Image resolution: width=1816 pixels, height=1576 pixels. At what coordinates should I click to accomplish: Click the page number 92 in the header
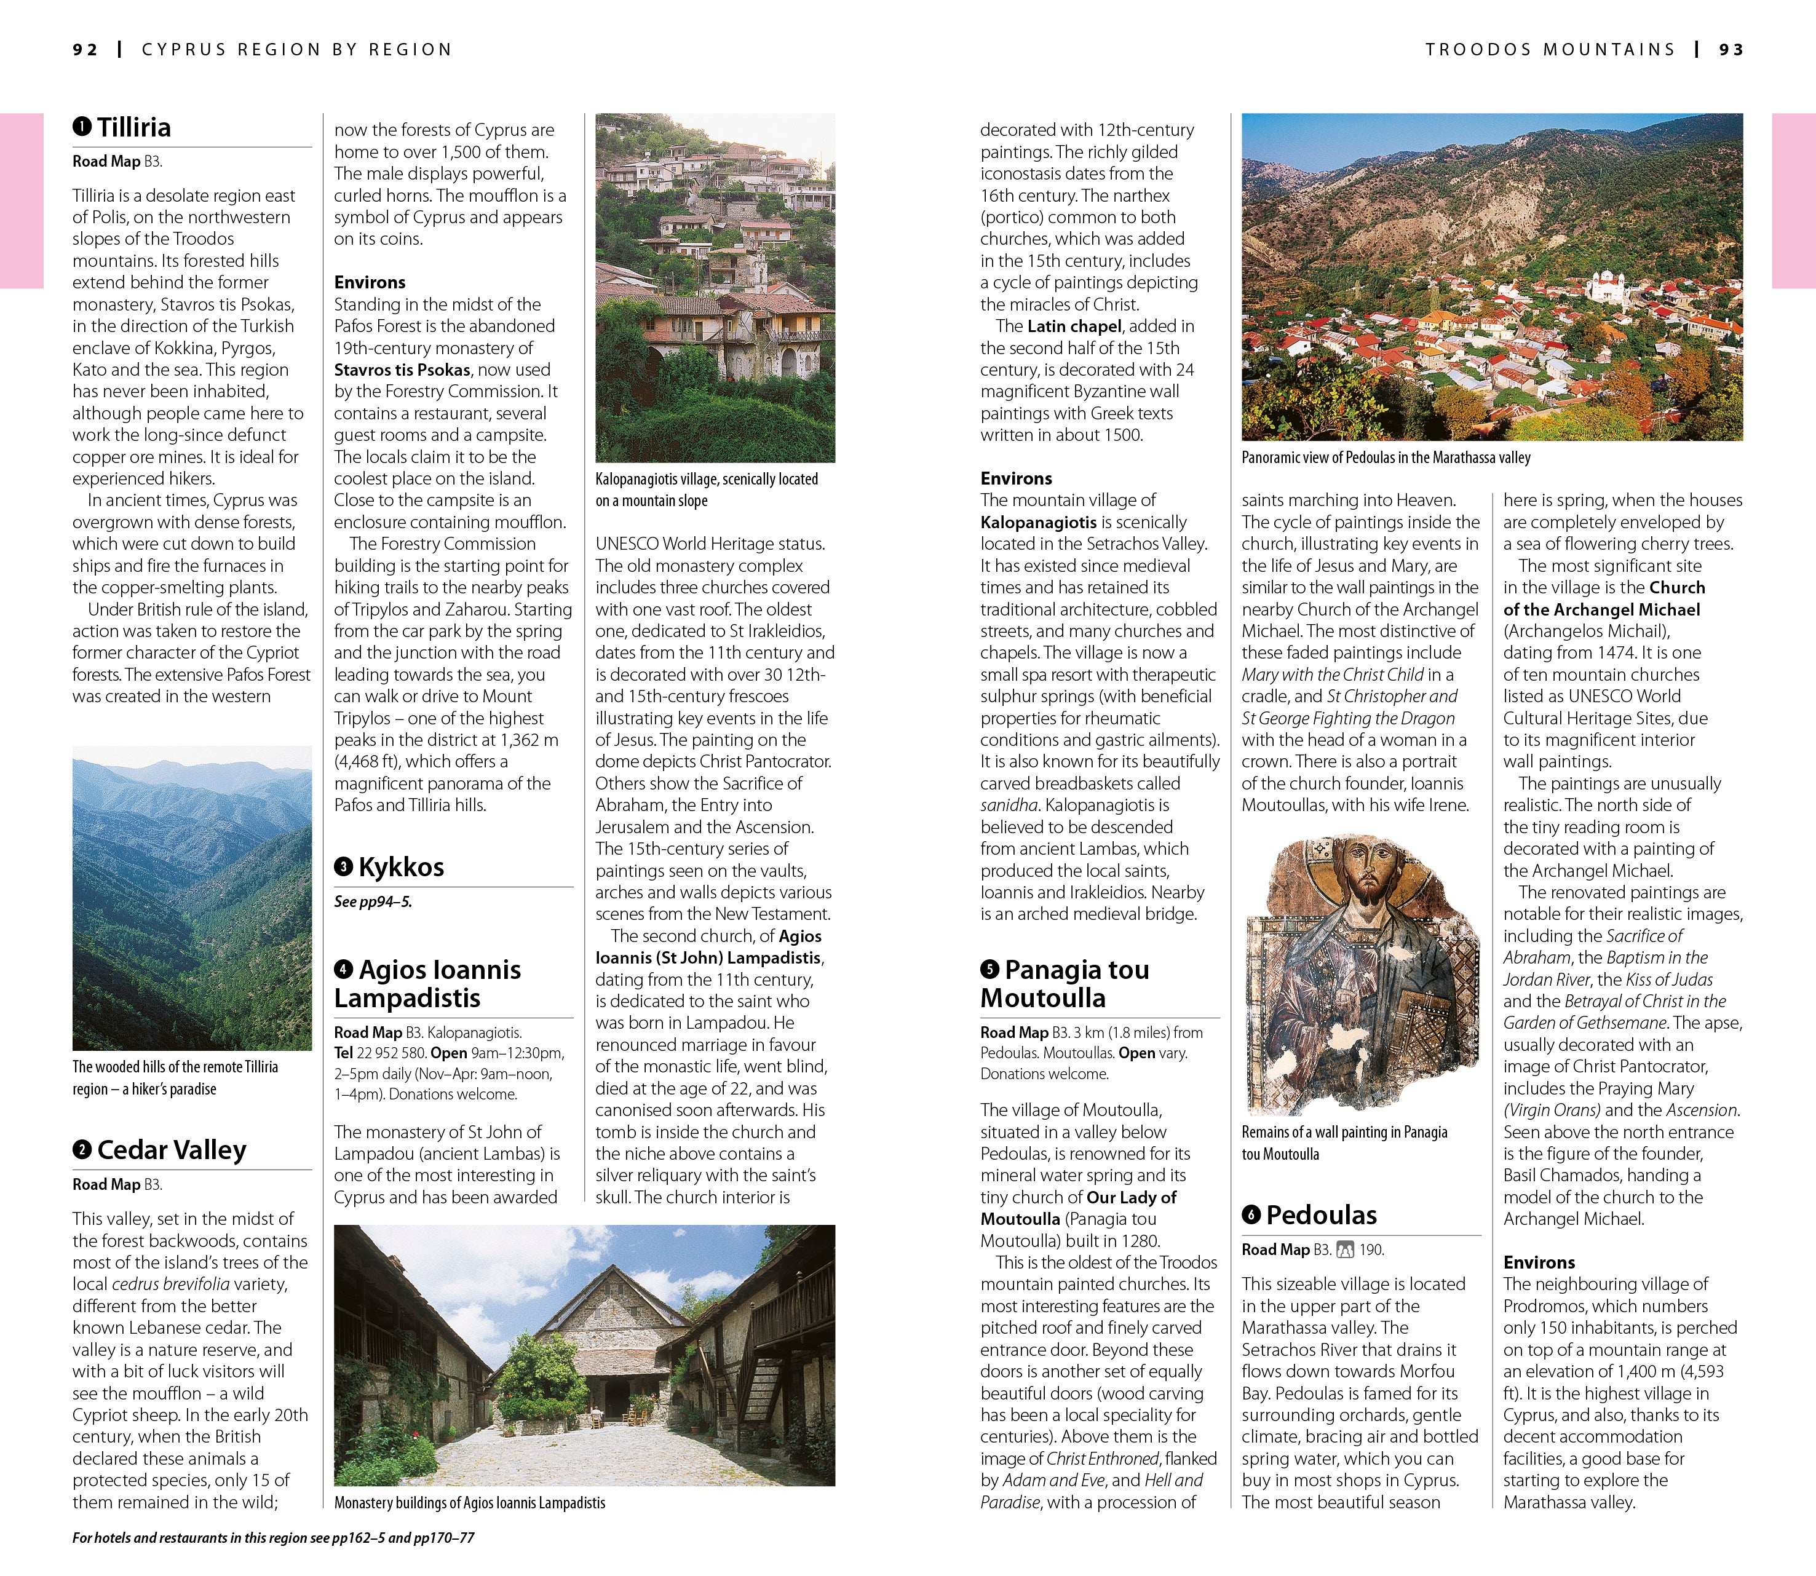[85, 50]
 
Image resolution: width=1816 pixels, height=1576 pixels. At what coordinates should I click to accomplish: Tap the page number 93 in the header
[1731, 50]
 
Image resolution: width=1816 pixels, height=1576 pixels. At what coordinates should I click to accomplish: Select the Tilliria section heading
[133, 127]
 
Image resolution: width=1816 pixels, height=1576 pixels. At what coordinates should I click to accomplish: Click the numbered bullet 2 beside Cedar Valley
[82, 1149]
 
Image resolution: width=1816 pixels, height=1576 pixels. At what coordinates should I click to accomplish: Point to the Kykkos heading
[400, 867]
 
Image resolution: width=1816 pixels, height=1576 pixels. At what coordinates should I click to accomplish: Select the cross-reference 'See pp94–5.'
[373, 901]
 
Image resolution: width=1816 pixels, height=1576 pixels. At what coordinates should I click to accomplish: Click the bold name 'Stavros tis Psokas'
[402, 370]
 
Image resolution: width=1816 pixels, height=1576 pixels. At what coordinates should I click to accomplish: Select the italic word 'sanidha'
[1008, 806]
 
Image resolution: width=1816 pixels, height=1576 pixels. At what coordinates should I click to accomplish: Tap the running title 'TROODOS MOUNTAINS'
[1550, 50]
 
